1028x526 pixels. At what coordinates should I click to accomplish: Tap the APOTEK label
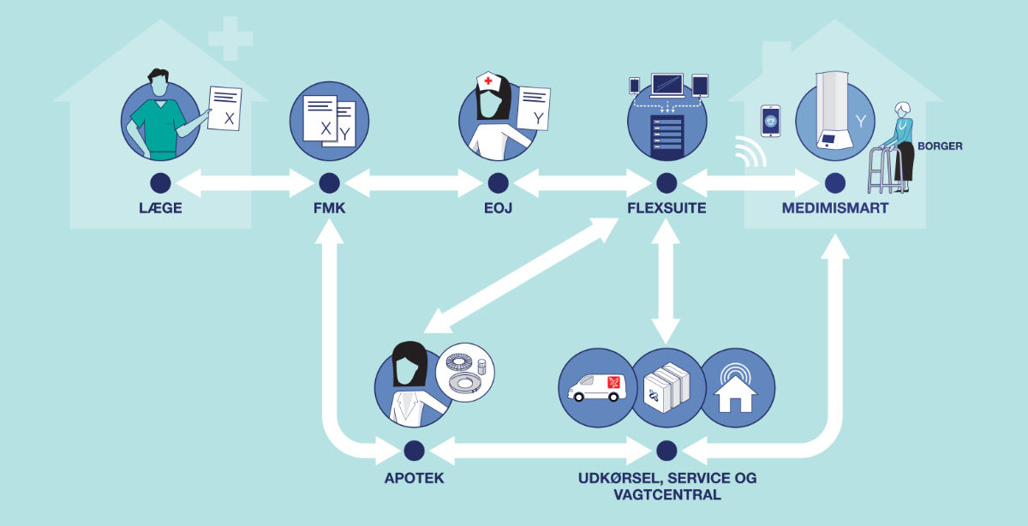point(415,477)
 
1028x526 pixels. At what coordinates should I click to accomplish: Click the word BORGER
point(940,146)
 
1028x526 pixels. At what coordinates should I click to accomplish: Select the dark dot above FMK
point(329,182)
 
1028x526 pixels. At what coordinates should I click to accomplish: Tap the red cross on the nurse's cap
point(488,81)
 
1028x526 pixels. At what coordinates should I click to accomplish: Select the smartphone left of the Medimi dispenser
point(770,120)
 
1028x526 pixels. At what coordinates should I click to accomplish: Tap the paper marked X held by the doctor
point(225,109)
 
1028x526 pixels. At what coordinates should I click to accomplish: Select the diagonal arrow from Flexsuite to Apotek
point(523,274)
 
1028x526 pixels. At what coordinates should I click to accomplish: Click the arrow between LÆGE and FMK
point(245,182)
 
